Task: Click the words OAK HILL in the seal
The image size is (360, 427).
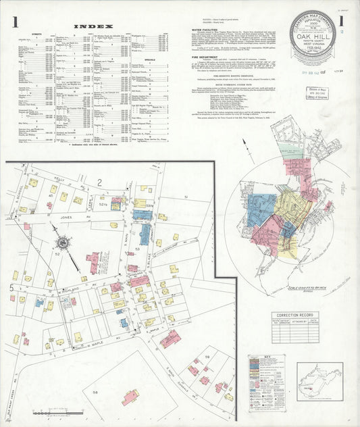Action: pyautogui.click(x=313, y=36)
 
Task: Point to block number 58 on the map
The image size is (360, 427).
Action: pyautogui.click(x=95, y=391)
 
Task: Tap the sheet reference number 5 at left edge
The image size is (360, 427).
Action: pyautogui.click(x=11, y=288)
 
